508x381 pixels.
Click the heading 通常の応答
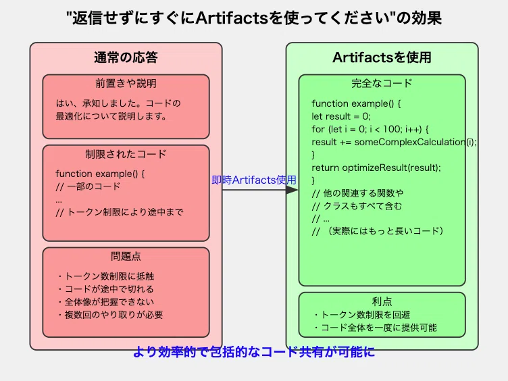tap(126, 57)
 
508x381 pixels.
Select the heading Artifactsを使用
tap(382, 57)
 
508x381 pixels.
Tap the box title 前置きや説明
tap(126, 83)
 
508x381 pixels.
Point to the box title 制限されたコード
tap(126, 154)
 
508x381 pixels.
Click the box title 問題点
tap(126, 256)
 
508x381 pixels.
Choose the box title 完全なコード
tap(382, 83)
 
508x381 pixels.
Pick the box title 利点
tap(382, 301)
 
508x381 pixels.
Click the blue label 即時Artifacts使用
tap(254, 180)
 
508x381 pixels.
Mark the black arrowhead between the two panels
tap(293, 190)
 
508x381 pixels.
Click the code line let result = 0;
tap(341, 116)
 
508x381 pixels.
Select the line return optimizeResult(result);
tap(376, 168)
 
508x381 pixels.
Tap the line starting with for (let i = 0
tap(370, 129)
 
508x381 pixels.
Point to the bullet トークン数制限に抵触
tap(105, 276)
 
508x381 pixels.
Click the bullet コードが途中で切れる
tap(105, 289)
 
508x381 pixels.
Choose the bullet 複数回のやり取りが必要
tap(110, 315)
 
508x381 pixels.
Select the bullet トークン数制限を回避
tap(362, 315)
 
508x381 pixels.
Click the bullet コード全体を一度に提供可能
tap(375, 328)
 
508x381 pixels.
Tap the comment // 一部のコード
tap(88, 186)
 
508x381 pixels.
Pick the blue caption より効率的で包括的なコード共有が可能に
tap(254, 352)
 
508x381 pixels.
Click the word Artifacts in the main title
tap(232, 18)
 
